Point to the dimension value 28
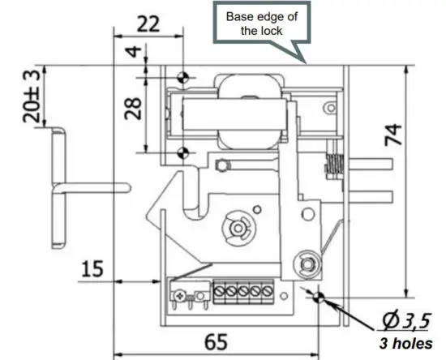pyautogui.click(x=134, y=107)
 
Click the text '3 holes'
pyautogui.click(x=404, y=342)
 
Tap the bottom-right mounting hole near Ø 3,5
pyautogui.click(x=319, y=297)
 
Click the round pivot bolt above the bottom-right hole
pyautogui.click(x=307, y=261)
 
